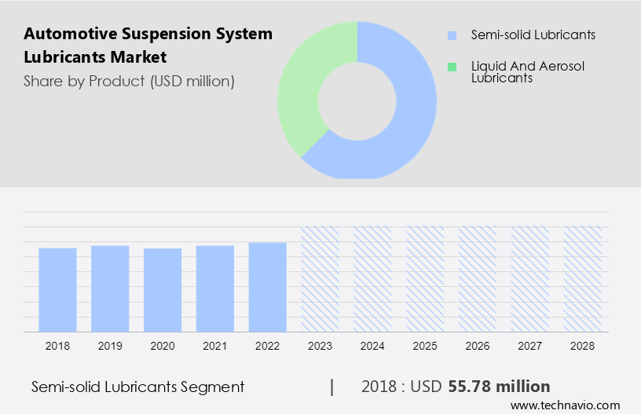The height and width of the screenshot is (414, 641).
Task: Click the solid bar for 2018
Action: (57, 289)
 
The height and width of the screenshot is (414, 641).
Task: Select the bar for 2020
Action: (163, 289)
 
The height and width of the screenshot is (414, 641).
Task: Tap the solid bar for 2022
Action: (268, 286)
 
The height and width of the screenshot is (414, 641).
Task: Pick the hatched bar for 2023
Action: (320, 278)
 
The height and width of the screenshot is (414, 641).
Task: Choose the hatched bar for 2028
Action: (583, 278)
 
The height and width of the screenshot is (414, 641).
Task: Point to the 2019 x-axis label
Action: (110, 345)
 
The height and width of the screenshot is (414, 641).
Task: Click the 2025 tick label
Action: (425, 345)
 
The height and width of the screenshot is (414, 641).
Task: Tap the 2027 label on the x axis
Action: (530, 345)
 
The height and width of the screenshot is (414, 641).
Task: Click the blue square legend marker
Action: (452, 35)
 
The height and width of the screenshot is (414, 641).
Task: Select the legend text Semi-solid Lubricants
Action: (522, 35)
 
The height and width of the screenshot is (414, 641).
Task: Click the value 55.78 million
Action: (499, 387)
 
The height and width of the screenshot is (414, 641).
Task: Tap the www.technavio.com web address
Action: (566, 405)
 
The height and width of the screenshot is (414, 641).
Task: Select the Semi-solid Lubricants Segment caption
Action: (138, 387)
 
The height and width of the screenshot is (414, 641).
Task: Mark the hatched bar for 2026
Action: (478, 278)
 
